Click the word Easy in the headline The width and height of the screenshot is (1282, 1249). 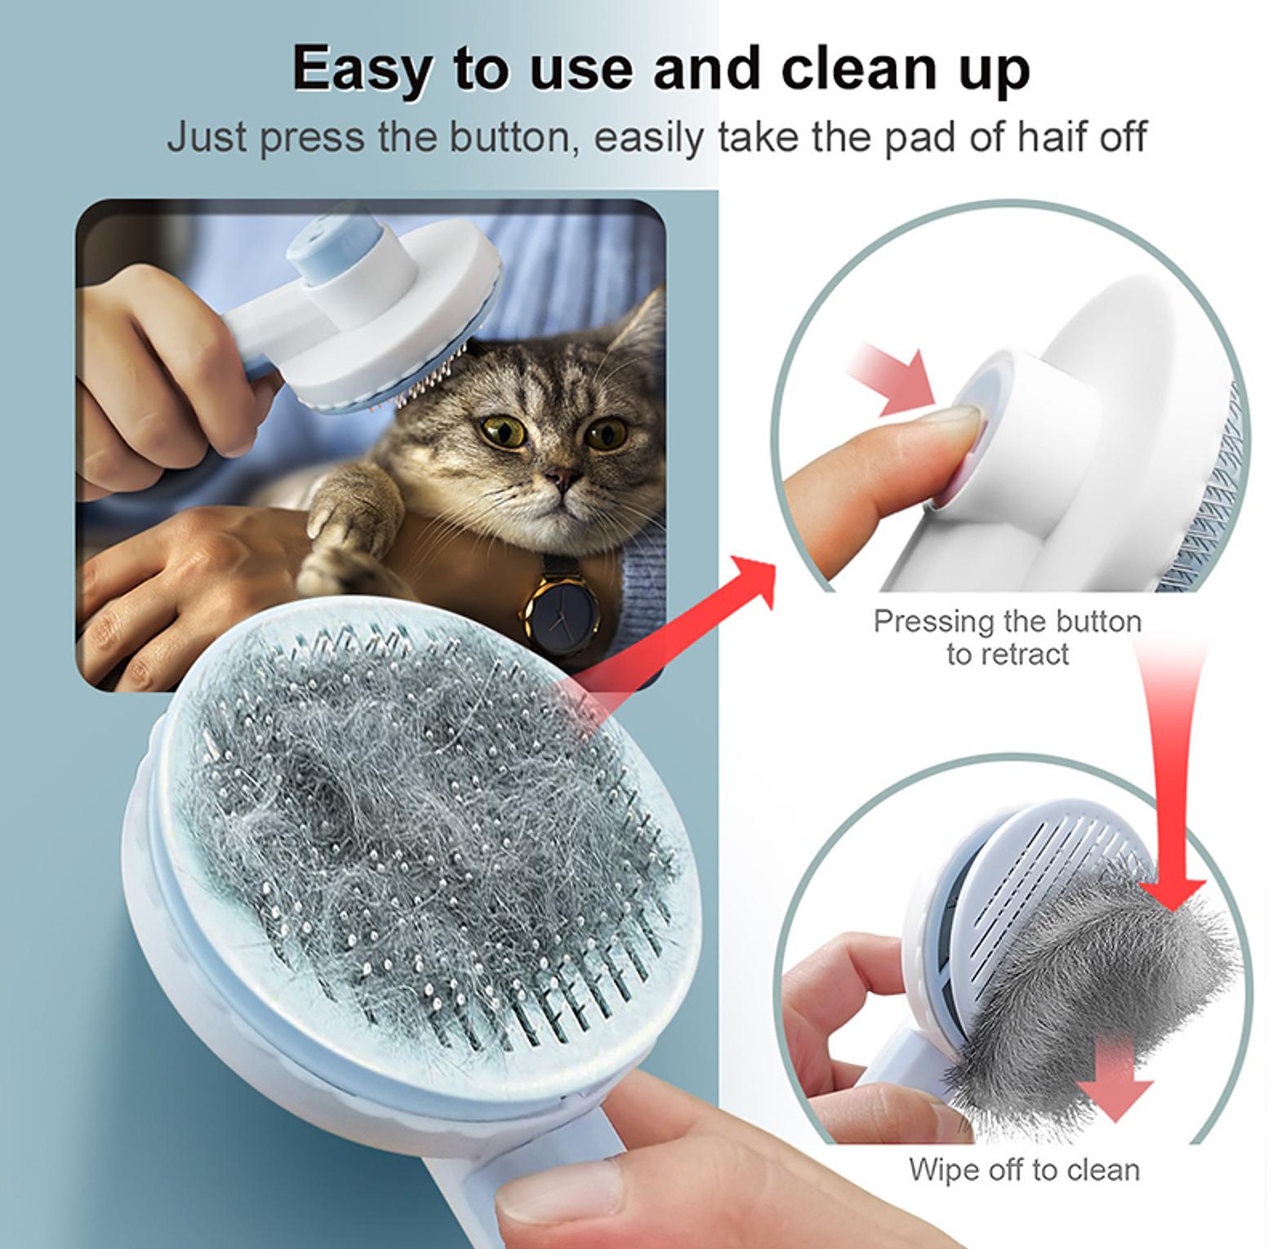click(362, 70)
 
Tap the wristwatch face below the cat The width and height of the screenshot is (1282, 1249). click(561, 610)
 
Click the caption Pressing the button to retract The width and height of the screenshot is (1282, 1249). click(1007, 638)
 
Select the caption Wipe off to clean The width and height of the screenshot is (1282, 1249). click(1024, 1169)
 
